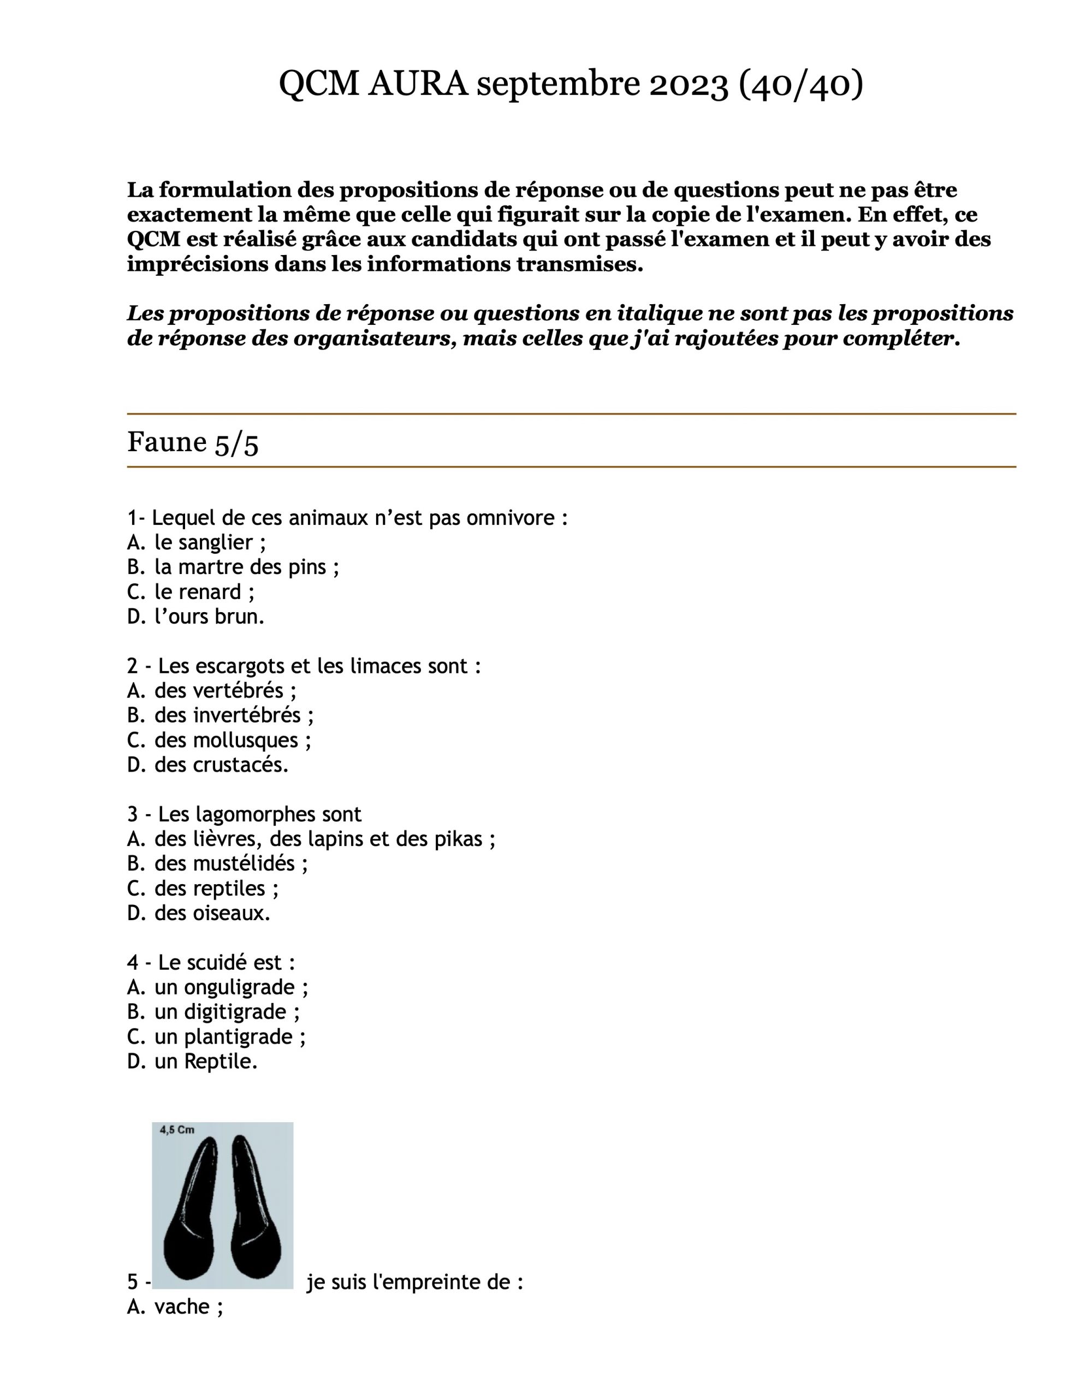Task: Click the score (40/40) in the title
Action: tap(800, 85)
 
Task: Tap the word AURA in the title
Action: tap(418, 85)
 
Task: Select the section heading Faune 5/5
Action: tap(193, 442)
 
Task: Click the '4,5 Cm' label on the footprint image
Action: tap(177, 1130)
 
